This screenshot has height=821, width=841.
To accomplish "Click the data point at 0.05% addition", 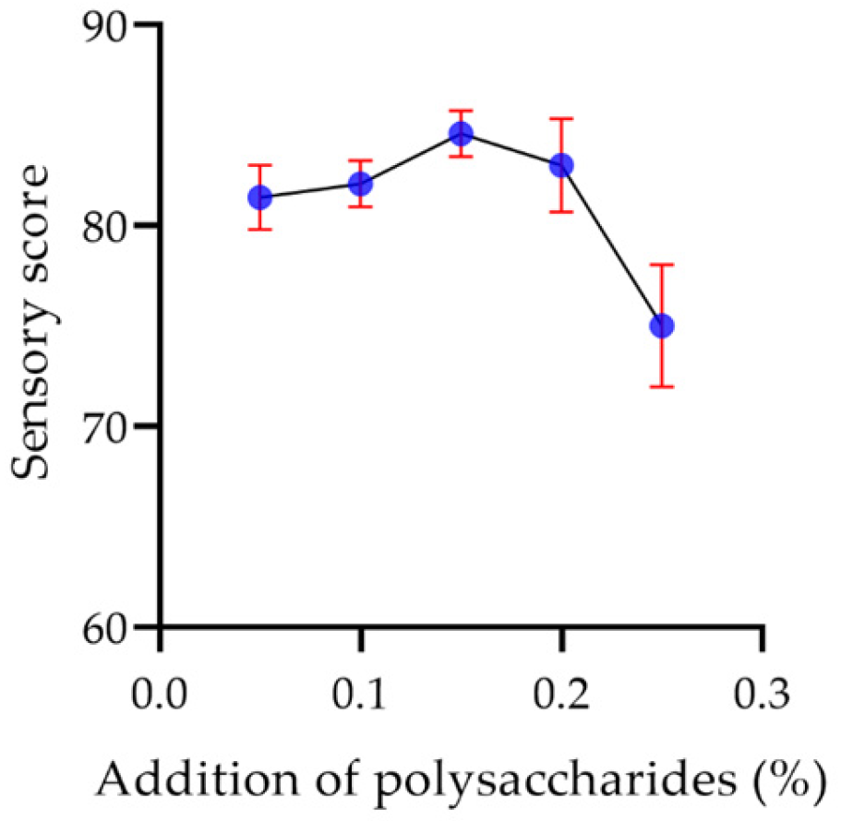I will [260, 196].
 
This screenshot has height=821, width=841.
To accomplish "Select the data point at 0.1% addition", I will [360, 184].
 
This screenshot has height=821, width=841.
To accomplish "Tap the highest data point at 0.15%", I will [461, 134].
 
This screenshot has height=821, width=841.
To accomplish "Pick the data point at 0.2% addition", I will [560, 165].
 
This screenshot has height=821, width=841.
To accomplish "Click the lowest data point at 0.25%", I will [661, 326].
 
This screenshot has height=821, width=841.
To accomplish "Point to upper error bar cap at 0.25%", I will [661, 265].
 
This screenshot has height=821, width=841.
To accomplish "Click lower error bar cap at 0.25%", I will [661, 387].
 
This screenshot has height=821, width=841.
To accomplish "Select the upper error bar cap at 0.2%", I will [560, 119].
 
